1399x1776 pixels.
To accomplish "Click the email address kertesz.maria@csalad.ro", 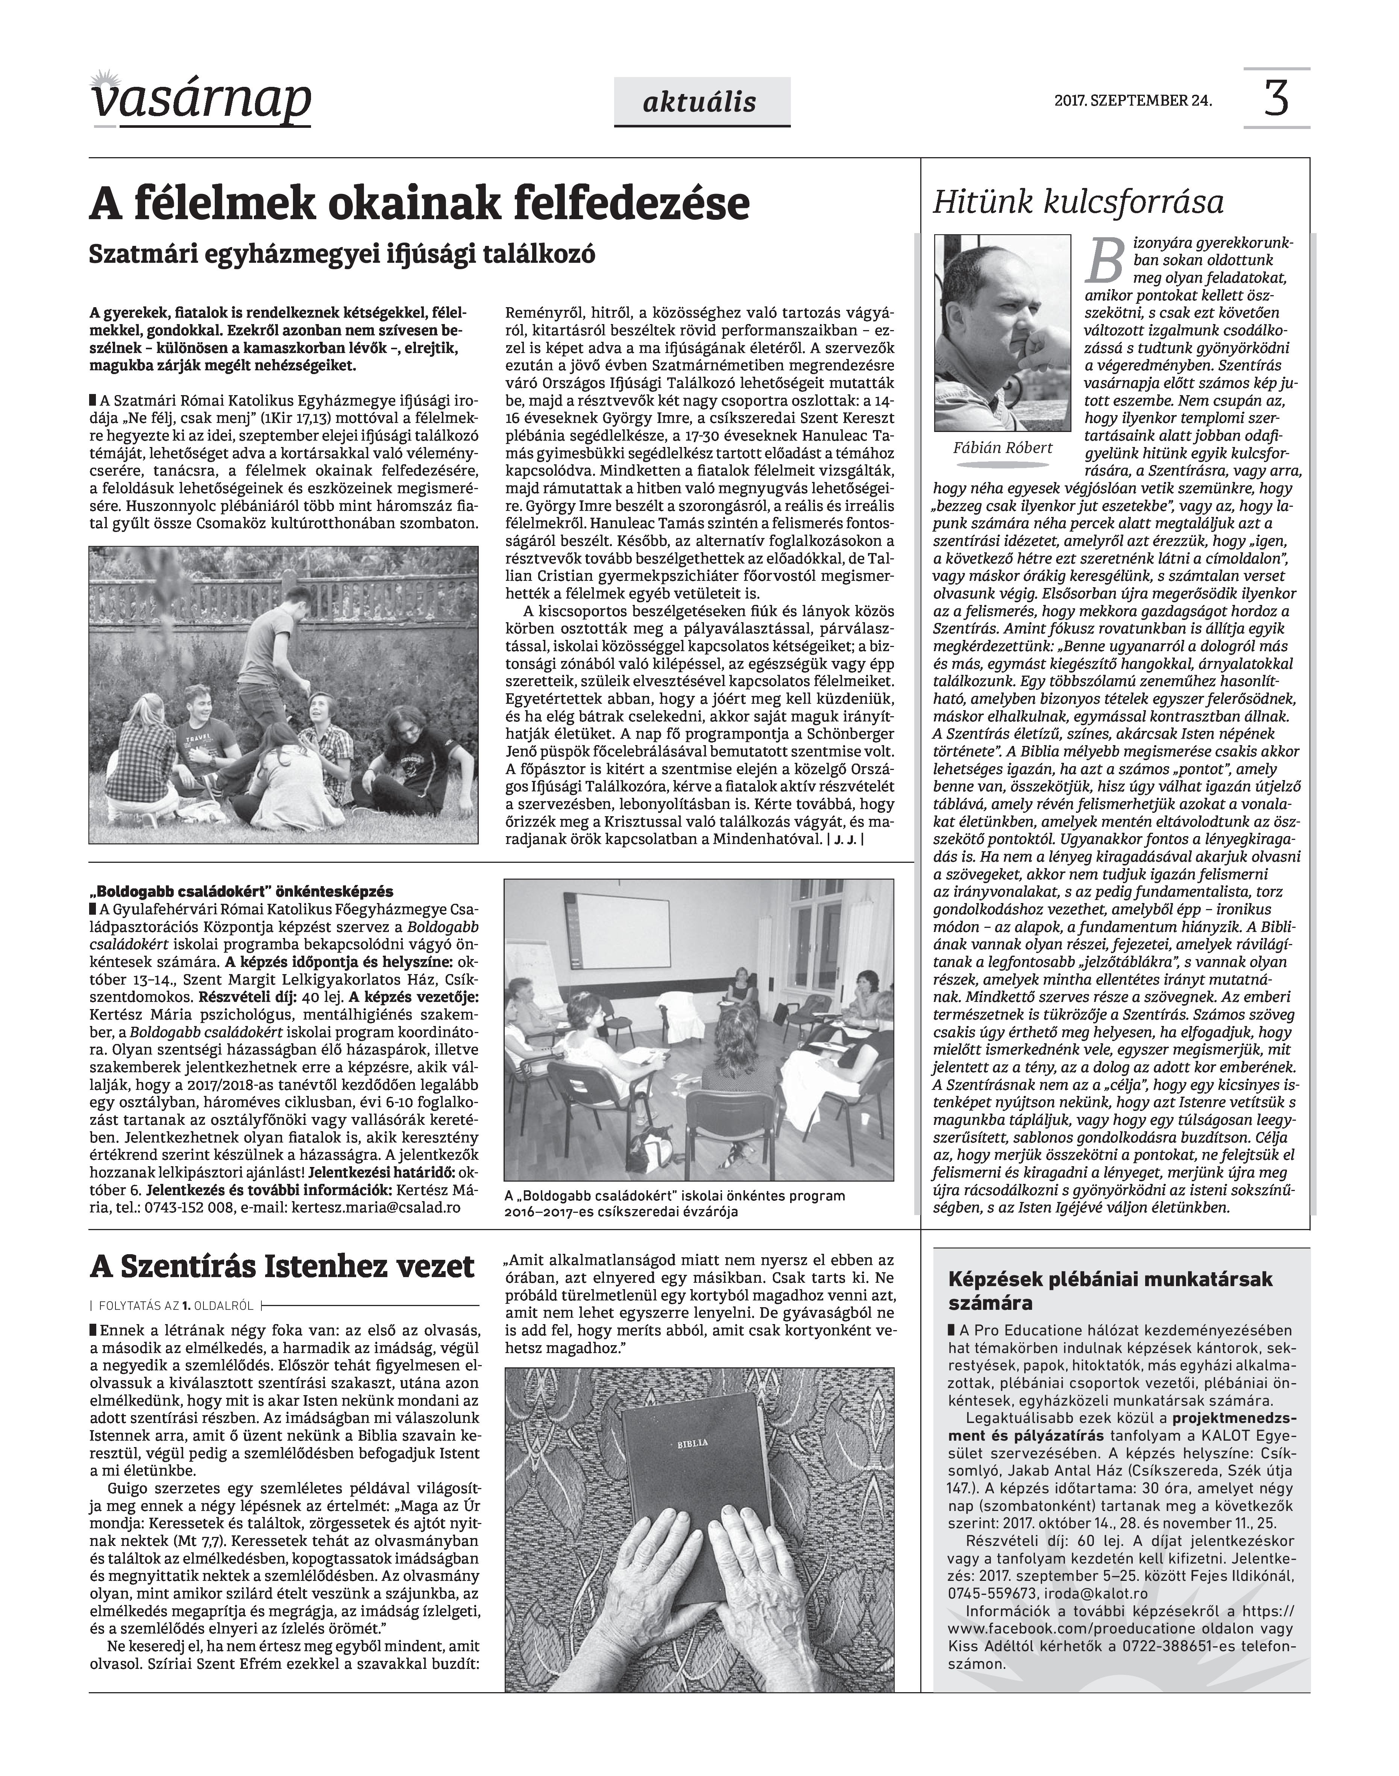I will [x=376, y=1208].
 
